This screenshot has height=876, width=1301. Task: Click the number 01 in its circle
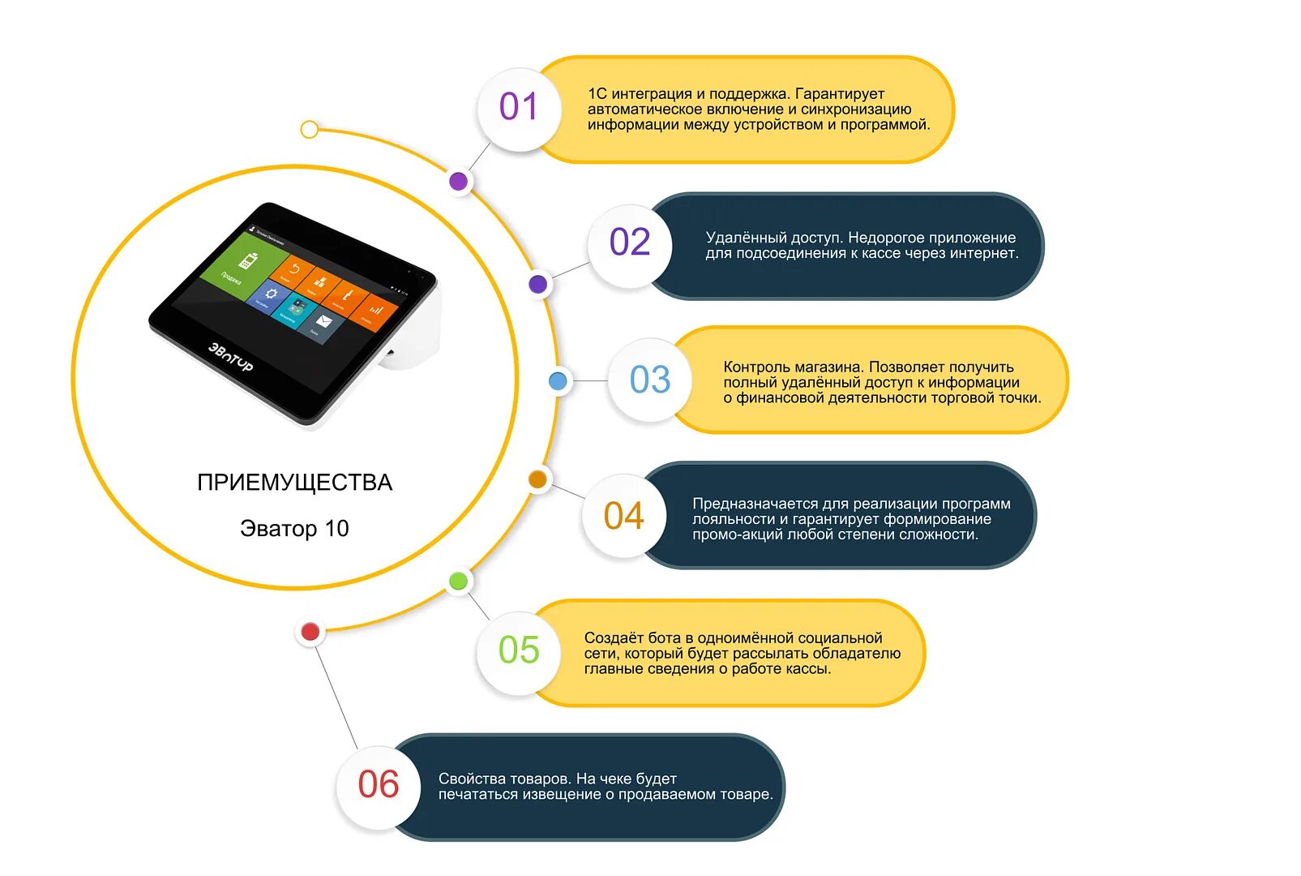tap(518, 107)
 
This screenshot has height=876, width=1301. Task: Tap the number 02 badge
tap(629, 243)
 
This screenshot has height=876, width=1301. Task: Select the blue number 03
tap(650, 380)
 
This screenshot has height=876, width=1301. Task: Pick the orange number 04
tap(623, 516)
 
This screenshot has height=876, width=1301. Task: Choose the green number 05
tap(519, 651)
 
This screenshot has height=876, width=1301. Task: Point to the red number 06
tap(378, 785)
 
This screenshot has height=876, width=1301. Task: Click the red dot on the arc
tap(310, 632)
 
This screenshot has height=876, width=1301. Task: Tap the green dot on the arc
tap(458, 581)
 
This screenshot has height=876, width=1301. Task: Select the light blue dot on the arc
tap(558, 381)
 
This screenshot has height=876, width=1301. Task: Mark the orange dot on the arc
tap(537, 479)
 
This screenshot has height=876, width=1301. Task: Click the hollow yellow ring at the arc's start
tap(309, 129)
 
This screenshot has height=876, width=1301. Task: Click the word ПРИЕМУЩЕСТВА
tap(294, 483)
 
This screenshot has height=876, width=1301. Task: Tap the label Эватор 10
tap(294, 529)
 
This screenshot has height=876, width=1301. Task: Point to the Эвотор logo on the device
tap(231, 357)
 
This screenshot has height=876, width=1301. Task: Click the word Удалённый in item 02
tap(739, 238)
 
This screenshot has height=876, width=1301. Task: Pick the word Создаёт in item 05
tap(614, 638)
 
